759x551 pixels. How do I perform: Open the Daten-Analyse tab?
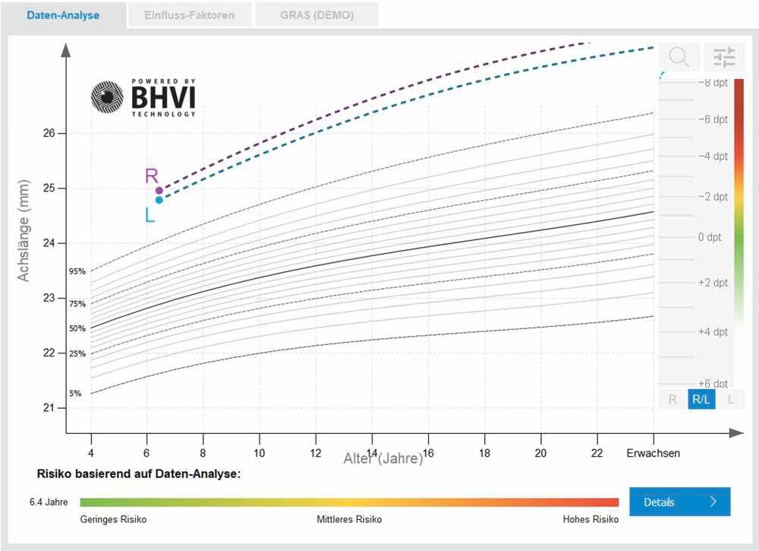pyautogui.click(x=63, y=15)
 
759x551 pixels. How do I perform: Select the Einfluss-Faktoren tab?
pyautogui.click(x=190, y=15)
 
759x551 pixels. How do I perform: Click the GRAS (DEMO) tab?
pyautogui.click(x=317, y=15)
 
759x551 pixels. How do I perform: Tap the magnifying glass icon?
pyautogui.click(x=679, y=57)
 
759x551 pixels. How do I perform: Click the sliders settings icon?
pyautogui.click(x=724, y=57)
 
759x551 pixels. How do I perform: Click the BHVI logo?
pyautogui.click(x=143, y=97)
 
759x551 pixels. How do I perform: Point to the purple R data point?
pyautogui.click(x=159, y=190)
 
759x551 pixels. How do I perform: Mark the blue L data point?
pyautogui.click(x=159, y=200)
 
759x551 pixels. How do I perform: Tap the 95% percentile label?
pyautogui.click(x=77, y=271)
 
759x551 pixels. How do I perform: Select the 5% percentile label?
pyautogui.click(x=76, y=394)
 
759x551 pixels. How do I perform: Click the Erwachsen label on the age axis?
pyautogui.click(x=653, y=453)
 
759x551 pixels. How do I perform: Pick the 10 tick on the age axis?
pyautogui.click(x=259, y=453)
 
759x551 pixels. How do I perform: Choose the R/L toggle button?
pyautogui.click(x=701, y=399)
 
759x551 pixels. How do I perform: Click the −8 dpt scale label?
pyautogui.click(x=712, y=82)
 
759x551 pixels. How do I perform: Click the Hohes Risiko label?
pyautogui.click(x=591, y=520)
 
